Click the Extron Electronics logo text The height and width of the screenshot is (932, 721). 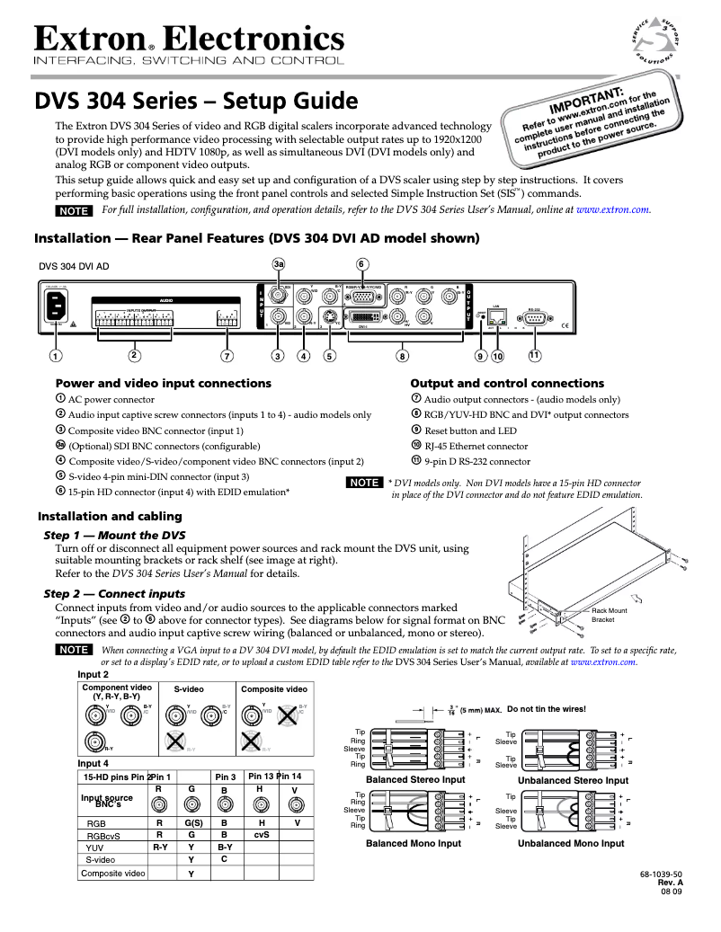[x=189, y=39]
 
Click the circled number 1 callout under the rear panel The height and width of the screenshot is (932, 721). [x=56, y=356]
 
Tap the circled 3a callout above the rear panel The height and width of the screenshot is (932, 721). [x=279, y=263]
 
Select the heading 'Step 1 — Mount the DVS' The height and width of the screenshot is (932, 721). [x=115, y=535]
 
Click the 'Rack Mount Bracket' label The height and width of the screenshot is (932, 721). [x=609, y=615]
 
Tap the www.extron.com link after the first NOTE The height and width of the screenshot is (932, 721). [x=613, y=209]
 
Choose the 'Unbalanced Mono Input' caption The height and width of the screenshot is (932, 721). [x=570, y=843]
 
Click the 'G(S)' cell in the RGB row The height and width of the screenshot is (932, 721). [x=191, y=822]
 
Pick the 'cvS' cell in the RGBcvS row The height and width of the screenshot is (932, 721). [x=262, y=834]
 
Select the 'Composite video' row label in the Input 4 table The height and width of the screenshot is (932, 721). [x=113, y=873]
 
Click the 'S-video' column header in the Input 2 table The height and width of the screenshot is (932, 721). [x=189, y=689]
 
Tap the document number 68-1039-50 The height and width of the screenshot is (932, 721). [x=659, y=874]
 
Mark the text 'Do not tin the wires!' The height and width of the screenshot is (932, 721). [x=547, y=709]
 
